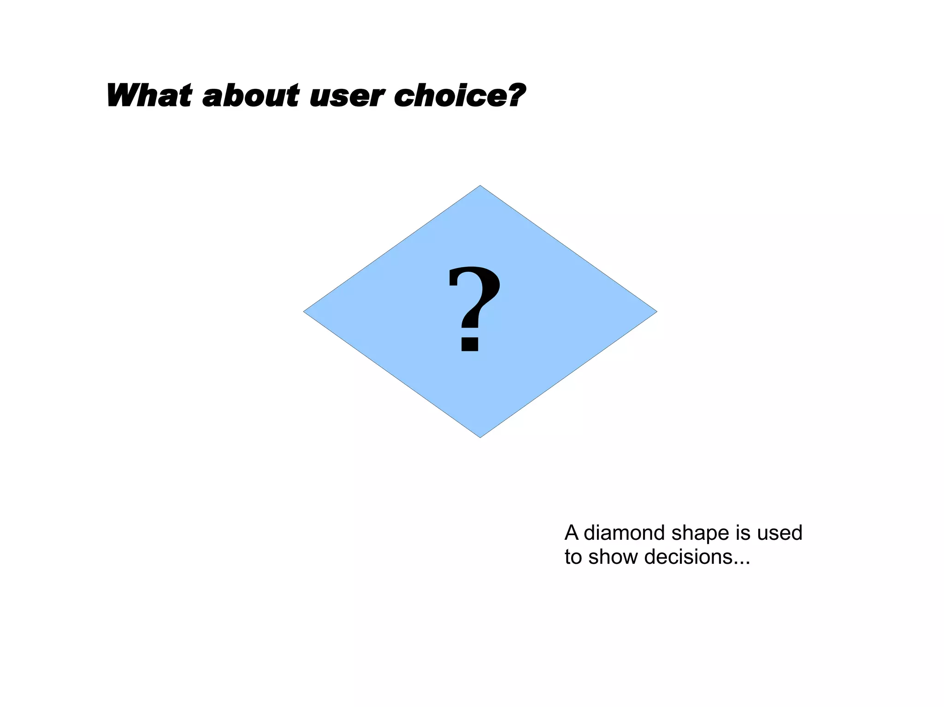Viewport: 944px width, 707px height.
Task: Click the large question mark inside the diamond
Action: coord(473,304)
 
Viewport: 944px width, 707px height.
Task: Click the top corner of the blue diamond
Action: coord(480,187)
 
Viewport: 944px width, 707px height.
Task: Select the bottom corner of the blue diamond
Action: coord(480,436)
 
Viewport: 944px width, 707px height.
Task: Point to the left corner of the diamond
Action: coord(305,312)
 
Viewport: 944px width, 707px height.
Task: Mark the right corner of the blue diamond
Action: coord(655,312)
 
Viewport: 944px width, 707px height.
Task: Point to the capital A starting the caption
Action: coord(572,533)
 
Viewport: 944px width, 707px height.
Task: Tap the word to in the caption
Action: coord(573,557)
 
